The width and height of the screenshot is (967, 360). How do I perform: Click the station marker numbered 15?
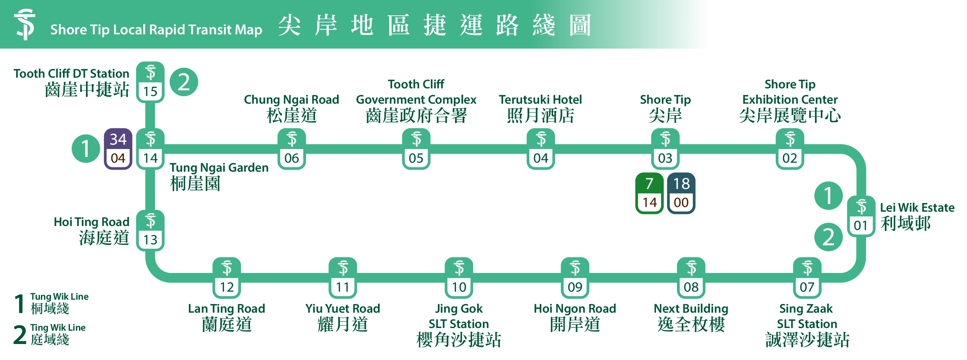click(150, 82)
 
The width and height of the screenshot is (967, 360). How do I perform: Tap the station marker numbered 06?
click(291, 149)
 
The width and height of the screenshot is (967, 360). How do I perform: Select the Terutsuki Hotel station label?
click(540, 108)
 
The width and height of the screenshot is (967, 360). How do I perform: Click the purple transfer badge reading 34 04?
click(118, 149)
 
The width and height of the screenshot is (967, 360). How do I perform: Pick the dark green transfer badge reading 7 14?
click(649, 193)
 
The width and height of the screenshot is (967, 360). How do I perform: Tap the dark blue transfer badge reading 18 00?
click(681, 193)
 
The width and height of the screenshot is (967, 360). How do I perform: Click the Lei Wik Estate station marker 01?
click(861, 216)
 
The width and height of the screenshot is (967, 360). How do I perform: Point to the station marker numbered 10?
click(459, 278)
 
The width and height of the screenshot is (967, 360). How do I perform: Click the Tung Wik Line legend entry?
click(51, 303)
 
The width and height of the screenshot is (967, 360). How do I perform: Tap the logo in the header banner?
click(25, 24)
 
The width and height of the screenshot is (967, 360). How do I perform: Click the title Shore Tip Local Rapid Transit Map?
click(156, 30)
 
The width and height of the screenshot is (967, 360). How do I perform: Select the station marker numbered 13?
click(150, 230)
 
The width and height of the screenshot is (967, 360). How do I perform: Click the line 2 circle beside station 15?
click(184, 82)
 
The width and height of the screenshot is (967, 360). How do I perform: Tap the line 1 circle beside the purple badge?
click(86, 149)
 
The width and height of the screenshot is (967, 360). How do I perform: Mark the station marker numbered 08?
click(691, 278)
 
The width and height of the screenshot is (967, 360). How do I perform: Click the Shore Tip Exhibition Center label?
click(790, 101)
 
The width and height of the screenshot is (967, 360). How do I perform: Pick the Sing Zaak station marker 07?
click(807, 278)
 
